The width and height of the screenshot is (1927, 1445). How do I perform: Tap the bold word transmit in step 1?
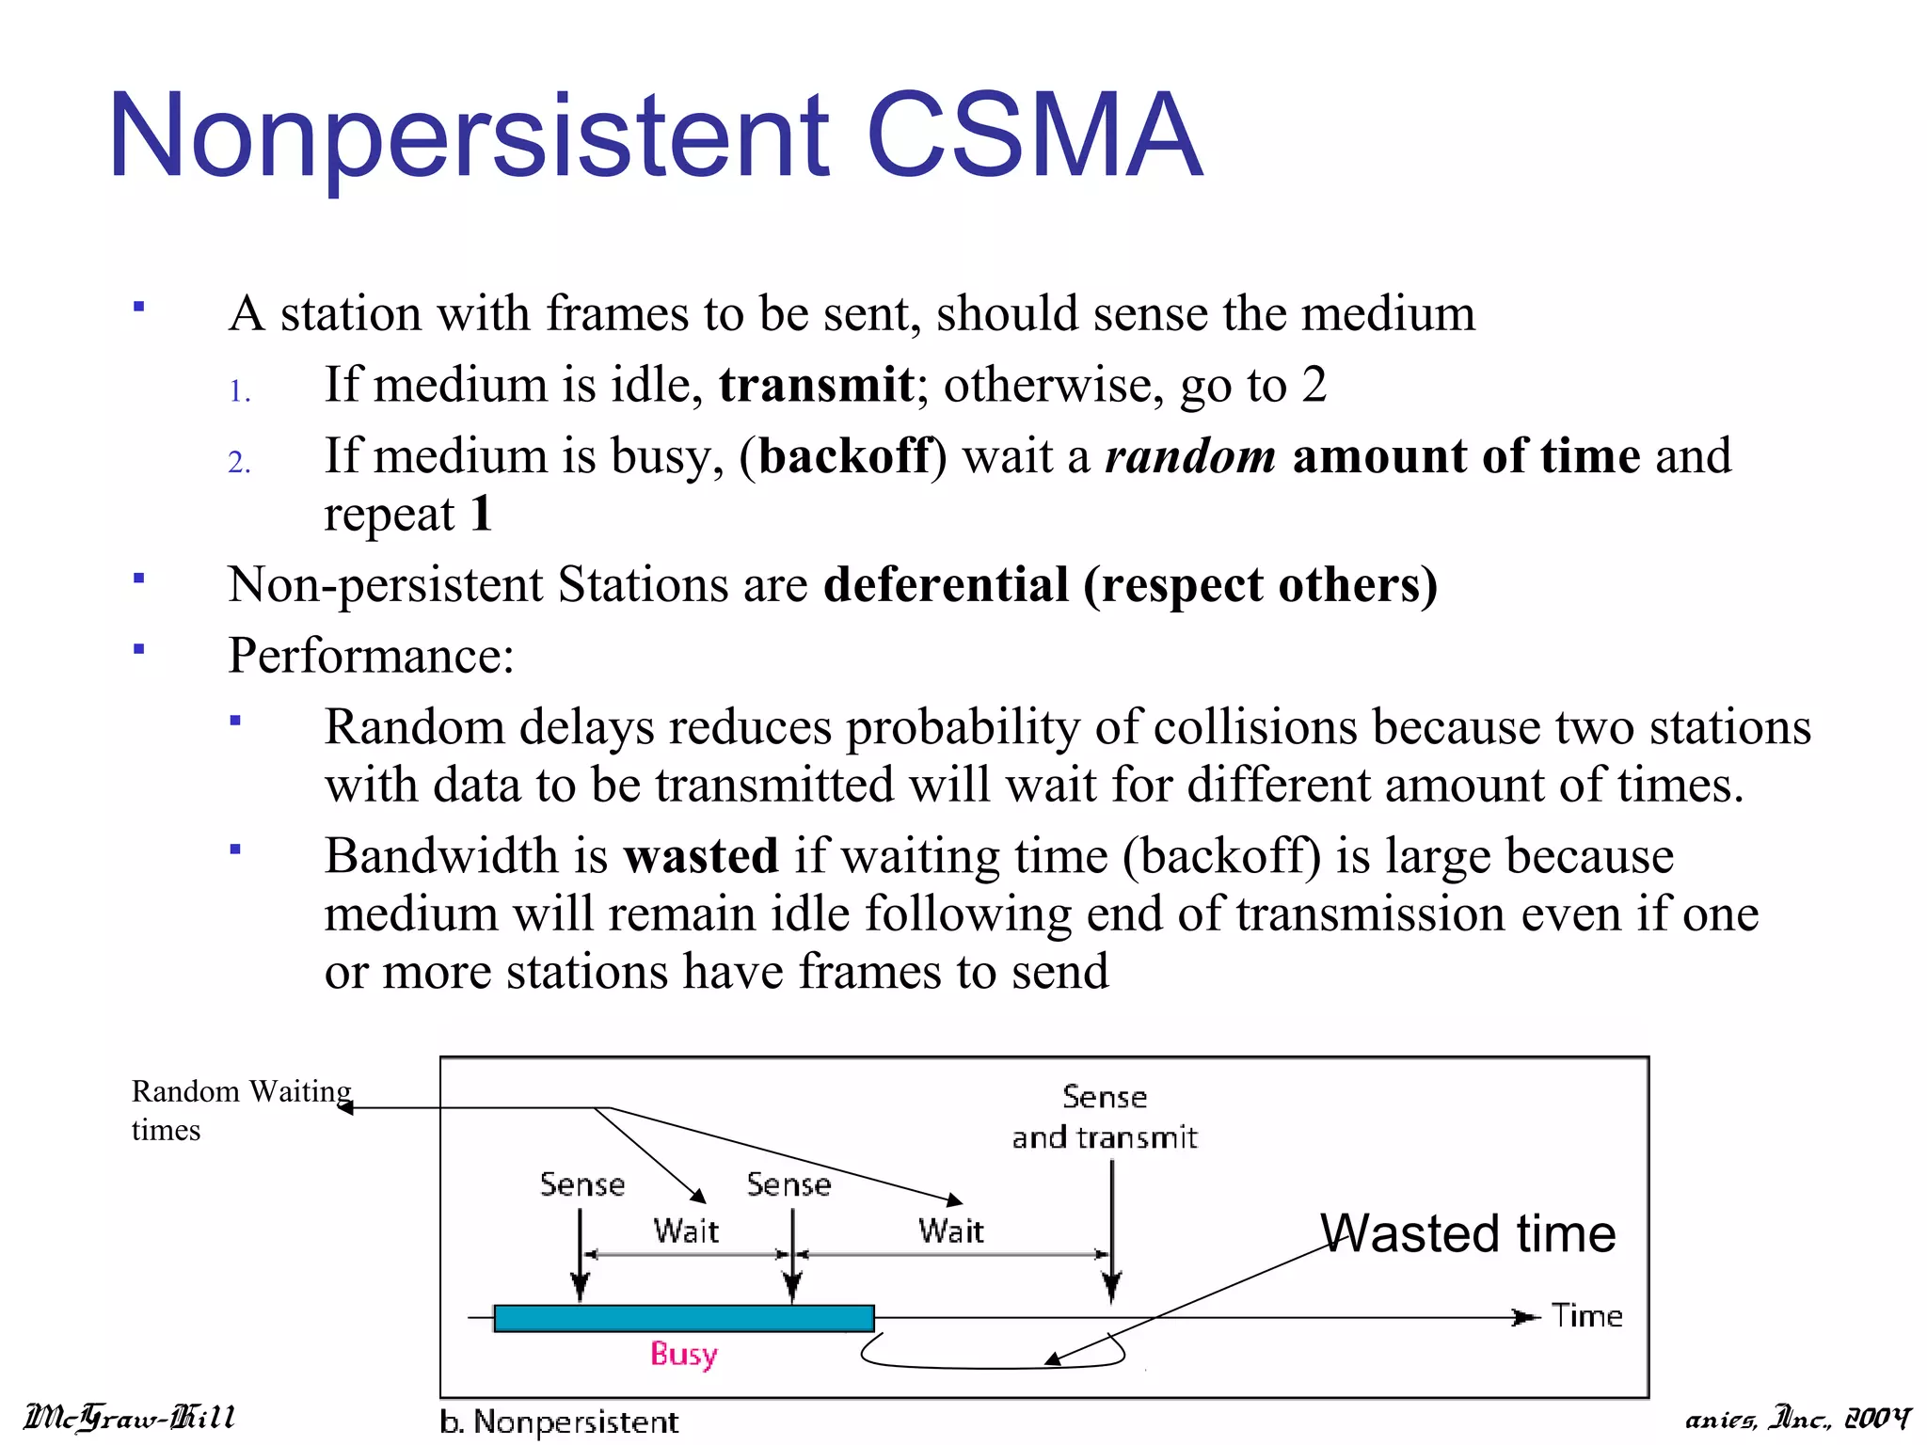pyautogui.click(x=816, y=385)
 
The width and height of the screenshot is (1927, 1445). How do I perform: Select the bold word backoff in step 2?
pyautogui.click(x=845, y=456)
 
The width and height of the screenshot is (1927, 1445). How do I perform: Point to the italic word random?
pyautogui.click(x=1190, y=456)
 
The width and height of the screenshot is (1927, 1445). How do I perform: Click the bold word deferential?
pyautogui.click(x=946, y=584)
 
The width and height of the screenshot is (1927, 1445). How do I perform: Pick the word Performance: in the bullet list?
pyautogui.click(x=371, y=656)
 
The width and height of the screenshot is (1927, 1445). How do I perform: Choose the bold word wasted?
pyautogui.click(x=701, y=856)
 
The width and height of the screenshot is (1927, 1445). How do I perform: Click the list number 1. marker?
pyautogui.click(x=240, y=391)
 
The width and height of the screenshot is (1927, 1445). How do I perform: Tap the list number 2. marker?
pyautogui.click(x=240, y=463)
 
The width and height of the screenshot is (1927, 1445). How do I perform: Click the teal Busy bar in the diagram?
pyautogui.click(x=684, y=1318)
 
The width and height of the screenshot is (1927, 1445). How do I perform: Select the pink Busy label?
pyautogui.click(x=684, y=1355)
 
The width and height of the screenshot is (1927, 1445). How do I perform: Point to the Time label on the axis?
pyautogui.click(x=1586, y=1315)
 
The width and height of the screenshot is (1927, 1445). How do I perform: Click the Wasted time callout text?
pyautogui.click(x=1468, y=1233)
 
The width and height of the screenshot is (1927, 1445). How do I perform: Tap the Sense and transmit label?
pyautogui.click(x=1105, y=1118)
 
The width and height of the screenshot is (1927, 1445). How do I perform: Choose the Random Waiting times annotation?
pyautogui.click(x=240, y=1110)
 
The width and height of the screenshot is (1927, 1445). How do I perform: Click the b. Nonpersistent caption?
pyautogui.click(x=559, y=1421)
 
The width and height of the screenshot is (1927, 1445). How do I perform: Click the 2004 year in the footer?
pyautogui.click(x=1877, y=1419)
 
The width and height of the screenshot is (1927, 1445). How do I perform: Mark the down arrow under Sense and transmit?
pyautogui.click(x=1111, y=1232)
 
